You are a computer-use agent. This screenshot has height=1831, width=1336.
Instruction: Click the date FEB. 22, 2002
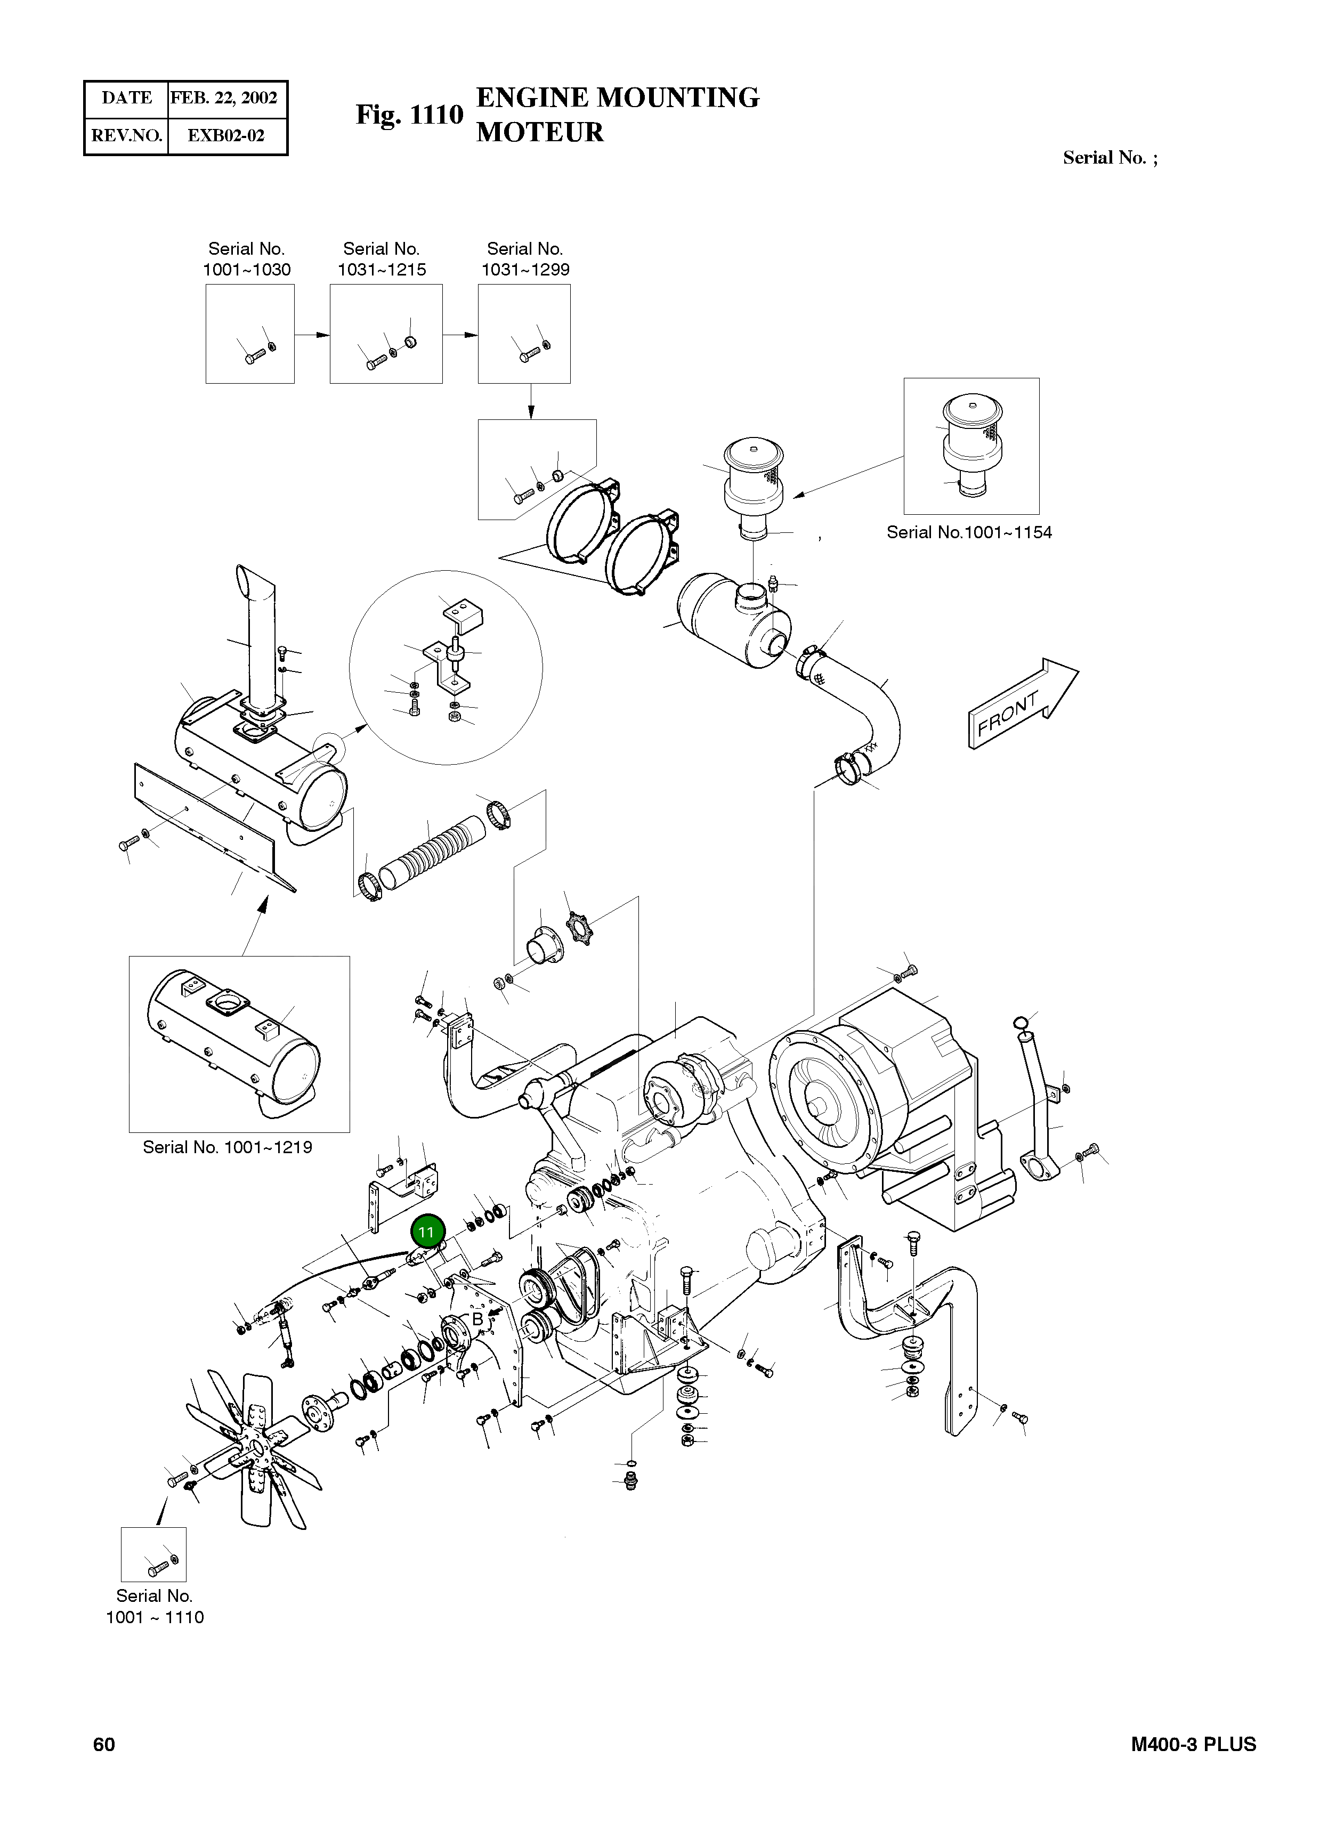[224, 98]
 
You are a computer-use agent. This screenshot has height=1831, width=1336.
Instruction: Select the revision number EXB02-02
[225, 135]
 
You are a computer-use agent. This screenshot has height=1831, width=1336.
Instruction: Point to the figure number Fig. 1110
[409, 115]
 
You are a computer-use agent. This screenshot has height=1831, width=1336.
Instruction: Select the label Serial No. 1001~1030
[247, 259]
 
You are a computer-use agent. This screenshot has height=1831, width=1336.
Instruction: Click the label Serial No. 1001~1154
[969, 532]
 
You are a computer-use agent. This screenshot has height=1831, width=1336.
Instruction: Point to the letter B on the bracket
[477, 1319]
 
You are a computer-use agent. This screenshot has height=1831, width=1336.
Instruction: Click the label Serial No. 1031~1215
[382, 259]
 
